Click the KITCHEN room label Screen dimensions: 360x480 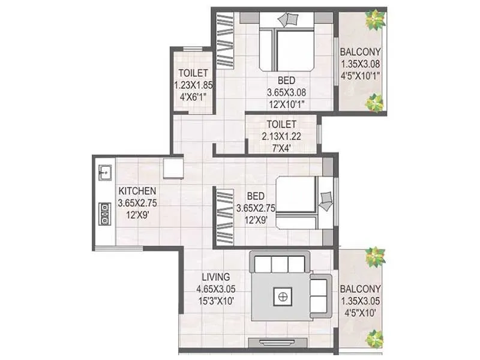(x=137, y=191)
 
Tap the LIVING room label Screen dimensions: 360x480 (x=215, y=277)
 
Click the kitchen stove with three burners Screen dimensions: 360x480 (x=104, y=213)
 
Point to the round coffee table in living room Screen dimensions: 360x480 (x=281, y=296)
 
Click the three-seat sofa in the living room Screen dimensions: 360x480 (x=280, y=263)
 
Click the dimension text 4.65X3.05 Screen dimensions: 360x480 (x=215, y=289)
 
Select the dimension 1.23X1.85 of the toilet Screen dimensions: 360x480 (x=193, y=85)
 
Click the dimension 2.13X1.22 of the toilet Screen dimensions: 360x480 (x=281, y=136)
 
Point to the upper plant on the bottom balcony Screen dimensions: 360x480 (x=375, y=257)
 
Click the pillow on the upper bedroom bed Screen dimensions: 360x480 (x=288, y=19)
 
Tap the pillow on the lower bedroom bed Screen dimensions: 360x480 (x=326, y=200)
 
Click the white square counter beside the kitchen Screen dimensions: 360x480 (x=173, y=167)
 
